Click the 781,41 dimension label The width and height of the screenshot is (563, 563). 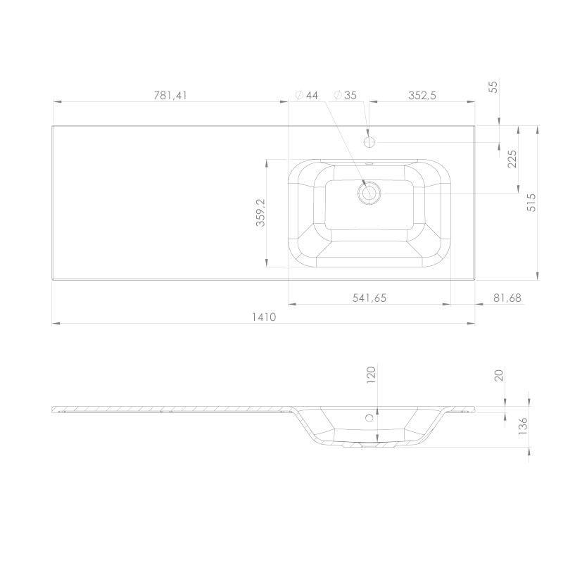(170, 96)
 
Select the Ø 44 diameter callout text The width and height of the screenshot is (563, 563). (307, 95)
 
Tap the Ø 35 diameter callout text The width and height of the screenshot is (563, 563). (345, 95)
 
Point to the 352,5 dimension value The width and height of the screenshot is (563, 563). (422, 96)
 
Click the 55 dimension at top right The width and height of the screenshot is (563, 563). (494, 87)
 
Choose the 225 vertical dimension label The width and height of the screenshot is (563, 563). (512, 159)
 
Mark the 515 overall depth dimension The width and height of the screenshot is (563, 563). (531, 203)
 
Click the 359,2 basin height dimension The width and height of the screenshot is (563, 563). (260, 213)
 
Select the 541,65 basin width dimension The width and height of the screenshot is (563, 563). (369, 298)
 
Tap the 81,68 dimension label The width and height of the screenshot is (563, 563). (507, 298)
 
